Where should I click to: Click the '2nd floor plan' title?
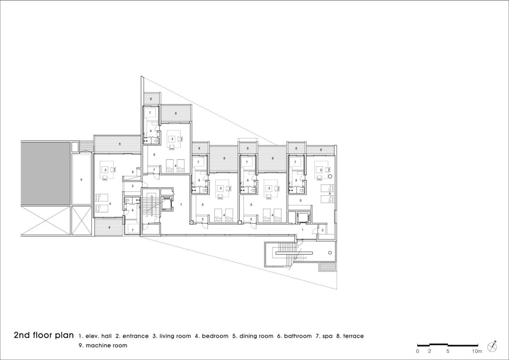click(44, 335)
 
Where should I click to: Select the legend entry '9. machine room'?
click(103, 345)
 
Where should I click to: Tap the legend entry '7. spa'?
click(324, 336)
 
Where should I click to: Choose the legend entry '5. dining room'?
click(253, 336)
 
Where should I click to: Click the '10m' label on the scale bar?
click(477, 351)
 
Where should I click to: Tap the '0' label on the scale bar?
click(417, 351)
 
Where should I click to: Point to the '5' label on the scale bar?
click(448, 351)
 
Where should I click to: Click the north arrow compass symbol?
click(492, 346)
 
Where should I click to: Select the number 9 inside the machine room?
click(81, 180)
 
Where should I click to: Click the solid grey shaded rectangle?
click(45, 173)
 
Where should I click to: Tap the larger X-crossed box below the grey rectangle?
click(45, 221)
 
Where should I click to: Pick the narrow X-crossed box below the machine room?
click(82, 221)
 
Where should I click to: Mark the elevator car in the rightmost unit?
click(303, 218)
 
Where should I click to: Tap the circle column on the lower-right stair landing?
click(330, 253)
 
